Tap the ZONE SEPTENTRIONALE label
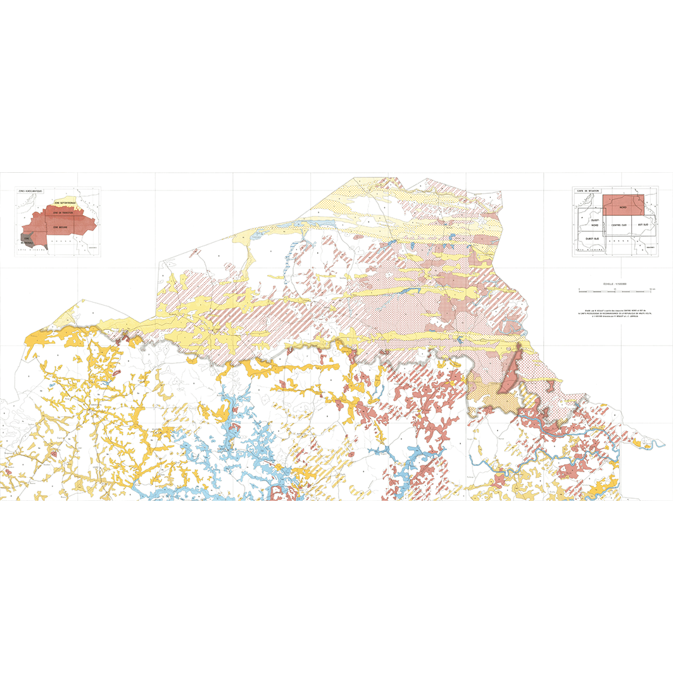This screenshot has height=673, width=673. [x=65, y=203]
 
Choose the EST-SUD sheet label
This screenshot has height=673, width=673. [x=641, y=225]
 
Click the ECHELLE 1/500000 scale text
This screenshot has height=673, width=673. [x=615, y=285]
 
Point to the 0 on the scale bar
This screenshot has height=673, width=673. [x=579, y=289]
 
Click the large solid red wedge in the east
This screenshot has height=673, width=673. [x=510, y=374]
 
